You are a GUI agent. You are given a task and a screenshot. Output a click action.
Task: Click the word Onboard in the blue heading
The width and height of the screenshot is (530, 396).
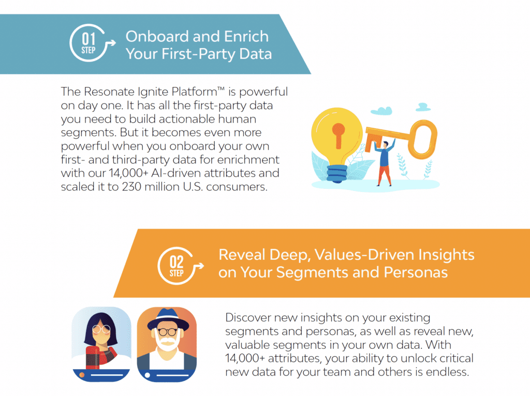156,37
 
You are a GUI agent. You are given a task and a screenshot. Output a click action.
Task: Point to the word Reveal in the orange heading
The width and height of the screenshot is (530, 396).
241,255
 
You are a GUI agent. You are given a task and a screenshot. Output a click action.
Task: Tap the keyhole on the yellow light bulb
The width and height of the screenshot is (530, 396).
338,135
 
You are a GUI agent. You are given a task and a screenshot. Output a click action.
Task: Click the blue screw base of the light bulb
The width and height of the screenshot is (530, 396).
336,173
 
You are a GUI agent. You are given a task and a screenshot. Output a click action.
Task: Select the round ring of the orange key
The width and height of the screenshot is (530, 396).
422,140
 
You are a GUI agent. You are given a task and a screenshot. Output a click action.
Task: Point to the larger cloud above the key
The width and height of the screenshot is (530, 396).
381,111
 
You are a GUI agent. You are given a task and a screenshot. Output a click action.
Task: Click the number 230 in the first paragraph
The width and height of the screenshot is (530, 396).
131,187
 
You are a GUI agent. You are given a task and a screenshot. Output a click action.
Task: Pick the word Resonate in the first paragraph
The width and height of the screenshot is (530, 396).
109,92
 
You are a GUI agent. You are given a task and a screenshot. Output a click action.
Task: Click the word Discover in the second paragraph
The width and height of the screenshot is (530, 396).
248,317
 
